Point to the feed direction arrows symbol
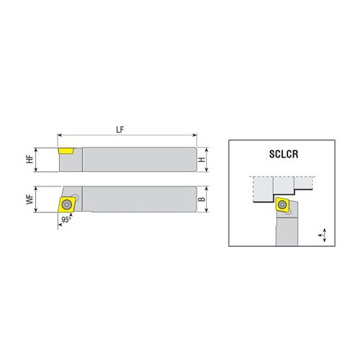tap(321, 234)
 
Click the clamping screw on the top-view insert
tap(71, 202)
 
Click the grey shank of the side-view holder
tap(137, 158)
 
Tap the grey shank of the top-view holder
tap(137, 199)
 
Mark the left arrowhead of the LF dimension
tap(60, 135)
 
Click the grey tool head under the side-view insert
tap(71, 163)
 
